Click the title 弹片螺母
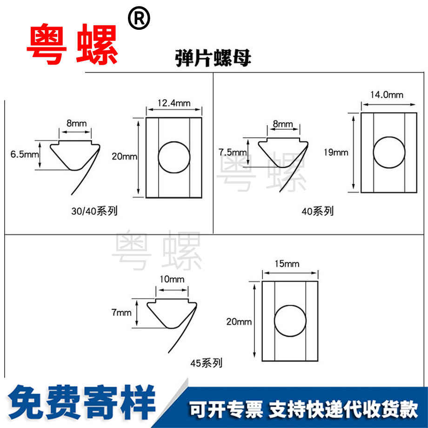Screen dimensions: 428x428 214,59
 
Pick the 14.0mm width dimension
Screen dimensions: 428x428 387,95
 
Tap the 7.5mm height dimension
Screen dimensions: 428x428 233,152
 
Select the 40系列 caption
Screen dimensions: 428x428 317,211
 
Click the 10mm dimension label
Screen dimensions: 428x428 172,280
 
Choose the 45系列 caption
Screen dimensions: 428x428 206,363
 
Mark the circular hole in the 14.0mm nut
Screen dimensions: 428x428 389,153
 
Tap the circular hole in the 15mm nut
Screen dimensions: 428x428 291,321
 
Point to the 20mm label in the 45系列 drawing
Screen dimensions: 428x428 239,321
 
